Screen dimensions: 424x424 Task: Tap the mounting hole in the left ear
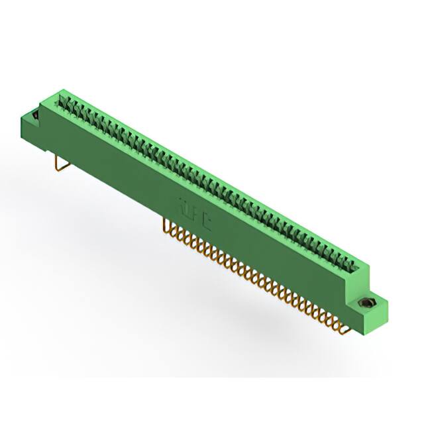tap(33, 115)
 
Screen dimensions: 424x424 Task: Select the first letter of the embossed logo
tap(182, 205)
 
